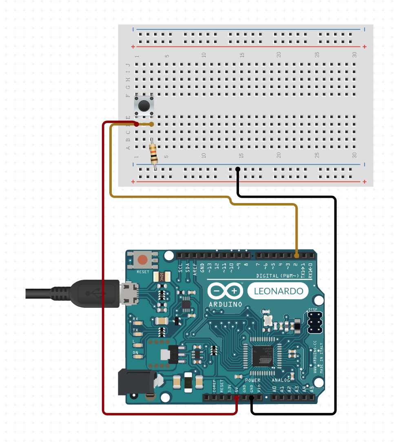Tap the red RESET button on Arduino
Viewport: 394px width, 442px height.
tap(143, 260)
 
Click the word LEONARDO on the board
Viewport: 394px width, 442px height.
tap(279, 291)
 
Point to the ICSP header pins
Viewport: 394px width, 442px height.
tap(314, 323)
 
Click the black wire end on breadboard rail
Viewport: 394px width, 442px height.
tap(237, 169)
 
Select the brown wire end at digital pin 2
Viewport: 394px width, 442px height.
tap(297, 256)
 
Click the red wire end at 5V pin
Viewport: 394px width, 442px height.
tap(237, 397)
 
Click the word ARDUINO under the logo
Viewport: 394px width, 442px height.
tap(226, 304)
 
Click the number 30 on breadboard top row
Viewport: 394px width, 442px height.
tap(355, 55)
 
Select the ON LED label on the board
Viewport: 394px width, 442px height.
tap(135, 352)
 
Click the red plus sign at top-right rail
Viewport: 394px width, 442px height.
tap(364, 46)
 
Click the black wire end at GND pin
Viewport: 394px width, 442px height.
tap(252, 397)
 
